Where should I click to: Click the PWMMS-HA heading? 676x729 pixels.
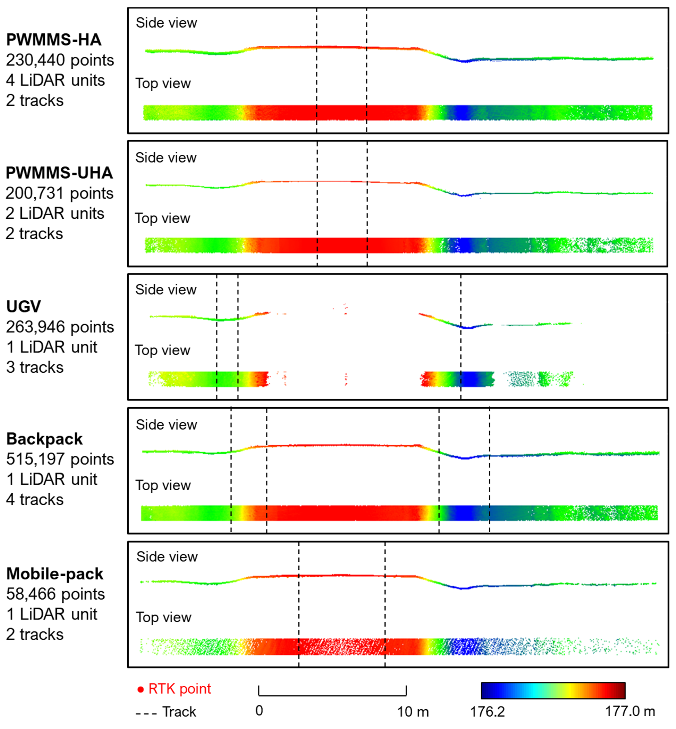click(x=54, y=40)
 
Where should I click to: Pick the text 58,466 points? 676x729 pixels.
click(x=55, y=594)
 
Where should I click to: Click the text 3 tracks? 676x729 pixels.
click(x=35, y=367)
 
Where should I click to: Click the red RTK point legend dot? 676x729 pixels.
click(x=141, y=689)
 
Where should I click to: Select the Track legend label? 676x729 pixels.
click(x=179, y=712)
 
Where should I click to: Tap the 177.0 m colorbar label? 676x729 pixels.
click(x=630, y=711)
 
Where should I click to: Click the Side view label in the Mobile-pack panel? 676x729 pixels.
click(x=167, y=557)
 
